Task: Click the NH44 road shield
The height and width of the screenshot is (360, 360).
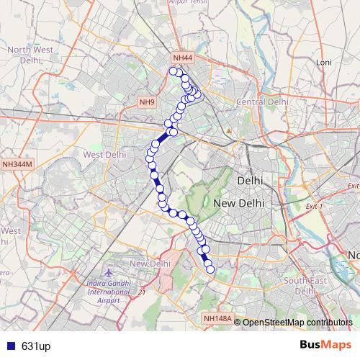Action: (x=183, y=58)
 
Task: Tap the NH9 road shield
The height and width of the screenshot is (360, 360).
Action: (x=148, y=102)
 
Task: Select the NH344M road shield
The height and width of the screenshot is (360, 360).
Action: (x=17, y=164)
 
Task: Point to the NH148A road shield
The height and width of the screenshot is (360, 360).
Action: (x=217, y=318)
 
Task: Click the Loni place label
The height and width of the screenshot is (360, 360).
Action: (x=323, y=63)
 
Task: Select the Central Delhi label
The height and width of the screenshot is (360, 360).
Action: (x=263, y=102)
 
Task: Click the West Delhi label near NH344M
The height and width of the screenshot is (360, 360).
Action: (x=105, y=154)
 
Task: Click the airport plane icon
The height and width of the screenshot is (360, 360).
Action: (x=109, y=274)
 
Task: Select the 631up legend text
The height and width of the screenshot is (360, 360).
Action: (x=35, y=346)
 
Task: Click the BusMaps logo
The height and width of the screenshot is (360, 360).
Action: (x=321, y=346)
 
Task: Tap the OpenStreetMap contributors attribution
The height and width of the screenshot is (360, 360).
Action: (x=297, y=322)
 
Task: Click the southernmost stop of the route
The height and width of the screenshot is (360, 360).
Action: (x=210, y=270)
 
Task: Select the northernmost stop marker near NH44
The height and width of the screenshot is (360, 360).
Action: (x=173, y=71)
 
